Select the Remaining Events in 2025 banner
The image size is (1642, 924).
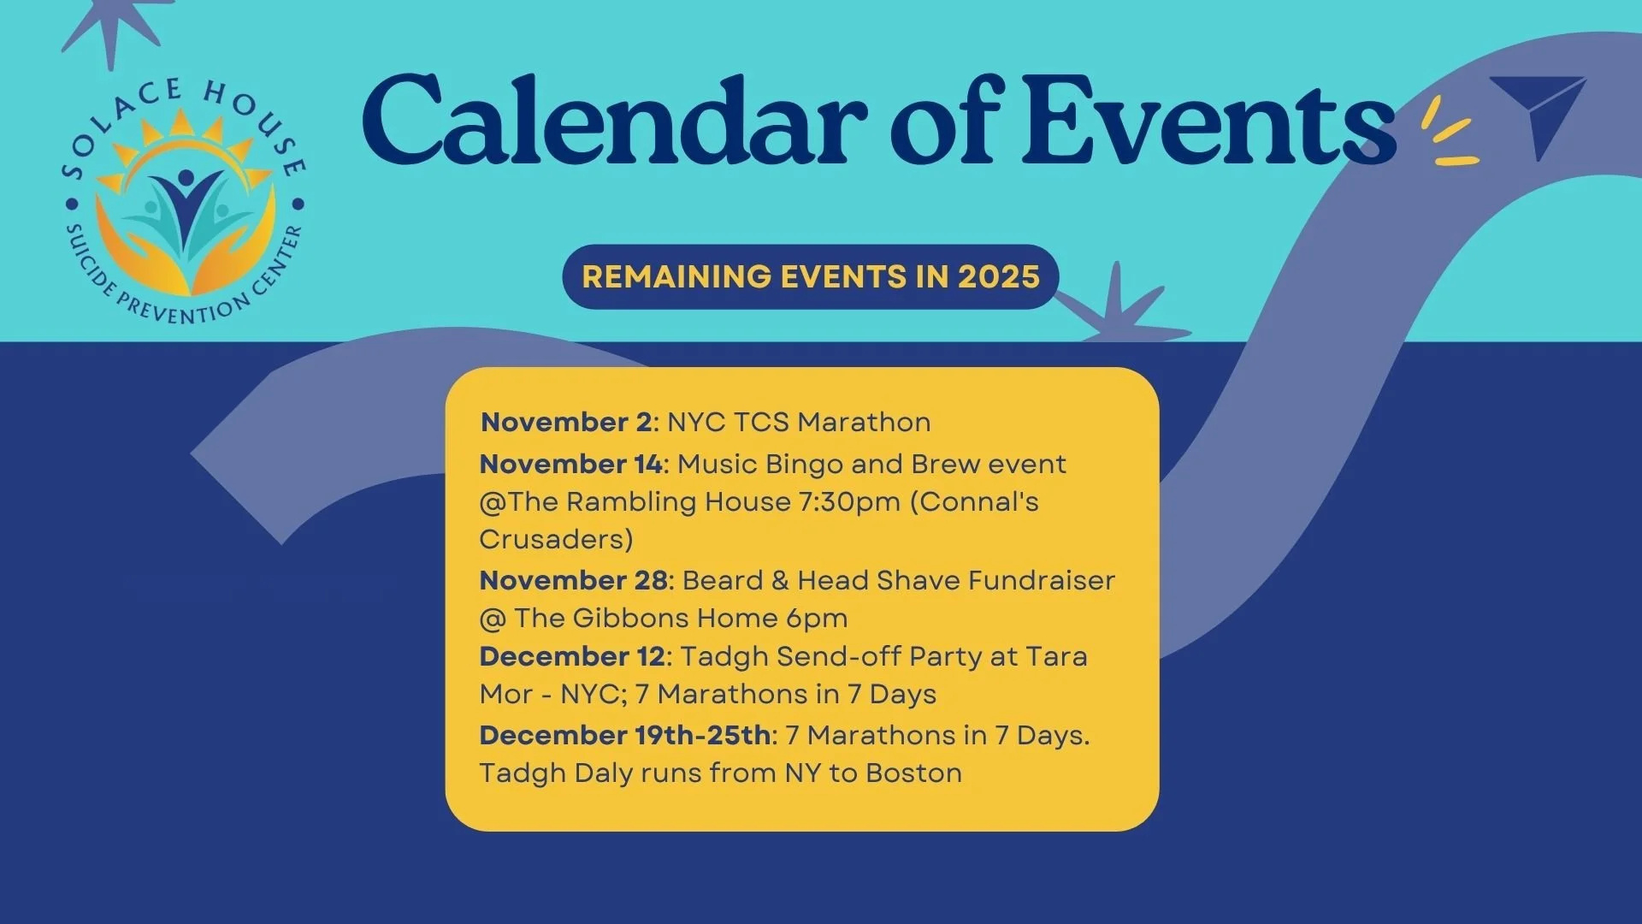pos(811,276)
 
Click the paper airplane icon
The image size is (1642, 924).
pos(1540,111)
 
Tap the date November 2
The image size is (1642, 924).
pos(566,422)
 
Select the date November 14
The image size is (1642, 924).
pos(570,464)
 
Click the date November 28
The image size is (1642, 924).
pos(574,580)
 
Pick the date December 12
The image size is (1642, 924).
pos(572,656)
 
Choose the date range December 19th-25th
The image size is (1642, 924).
pos(625,735)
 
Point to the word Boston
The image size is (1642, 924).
pos(913,773)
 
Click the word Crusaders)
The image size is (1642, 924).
pos(556,540)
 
